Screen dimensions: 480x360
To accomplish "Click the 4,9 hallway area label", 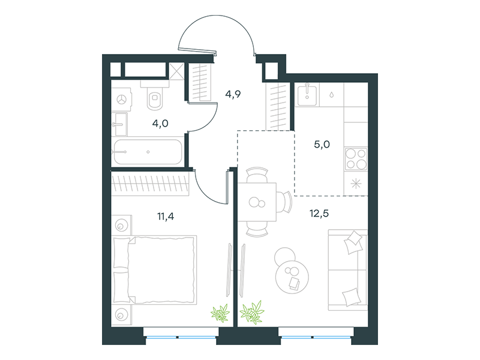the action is coord(233,94).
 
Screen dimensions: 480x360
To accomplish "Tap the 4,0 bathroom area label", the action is coord(160,124).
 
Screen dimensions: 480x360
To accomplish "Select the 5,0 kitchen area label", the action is coord(322,144).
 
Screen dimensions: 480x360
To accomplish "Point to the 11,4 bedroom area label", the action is coord(166,217).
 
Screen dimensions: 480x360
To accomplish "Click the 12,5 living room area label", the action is coord(319,213).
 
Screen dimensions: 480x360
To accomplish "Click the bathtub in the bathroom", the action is coord(148,152).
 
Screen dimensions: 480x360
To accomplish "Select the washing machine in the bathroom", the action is coord(122,99).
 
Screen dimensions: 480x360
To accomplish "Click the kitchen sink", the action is coord(307,95).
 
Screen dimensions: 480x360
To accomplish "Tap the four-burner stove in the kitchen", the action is coord(356,158).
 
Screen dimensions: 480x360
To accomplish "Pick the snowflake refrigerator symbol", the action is coord(356,184).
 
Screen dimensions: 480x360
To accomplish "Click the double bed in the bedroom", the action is coord(154,269).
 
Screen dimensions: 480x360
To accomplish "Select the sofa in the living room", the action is coord(348,269).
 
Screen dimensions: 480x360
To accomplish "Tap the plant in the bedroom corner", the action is coord(220,313).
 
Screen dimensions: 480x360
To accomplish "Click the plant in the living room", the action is coord(252,312).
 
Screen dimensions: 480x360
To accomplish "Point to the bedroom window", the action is coord(181,337).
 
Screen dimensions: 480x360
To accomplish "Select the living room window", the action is coord(316,337).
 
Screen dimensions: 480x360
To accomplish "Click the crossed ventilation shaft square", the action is coord(176,71).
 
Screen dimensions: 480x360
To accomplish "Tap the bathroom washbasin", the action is coord(119,124).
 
